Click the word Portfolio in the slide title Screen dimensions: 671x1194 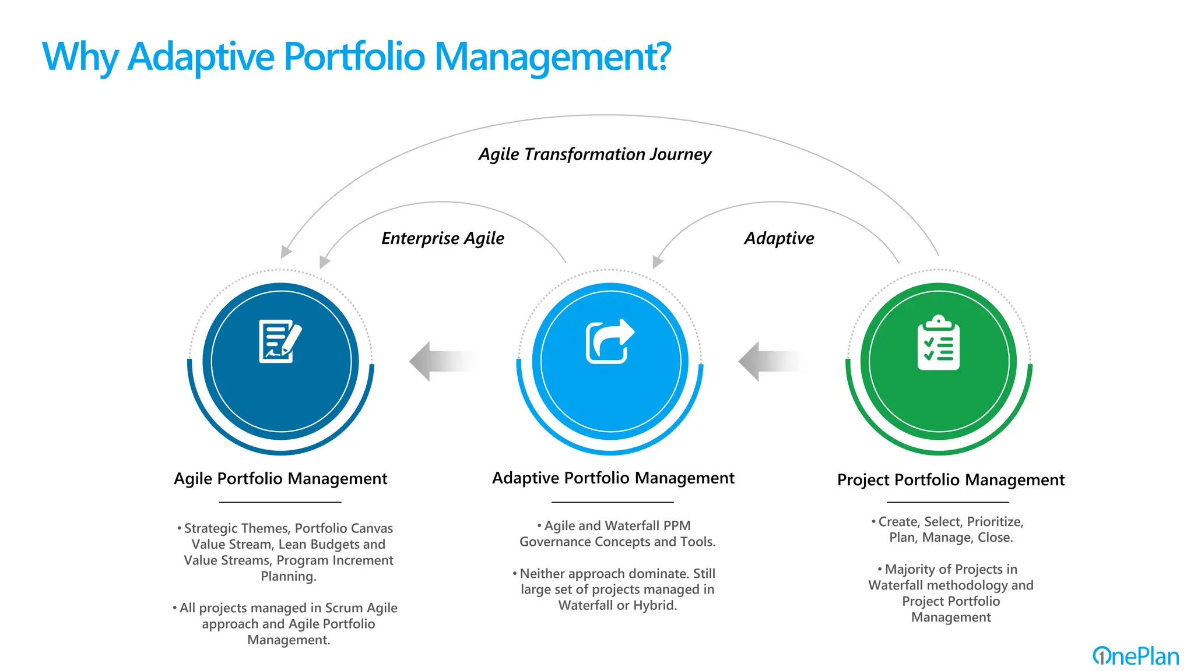point(354,57)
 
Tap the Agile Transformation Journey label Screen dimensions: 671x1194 point(595,154)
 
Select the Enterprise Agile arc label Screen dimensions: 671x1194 point(443,238)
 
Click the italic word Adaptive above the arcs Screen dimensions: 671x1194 point(779,238)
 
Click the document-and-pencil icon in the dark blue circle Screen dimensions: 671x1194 point(280,341)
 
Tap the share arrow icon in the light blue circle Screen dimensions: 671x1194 point(609,341)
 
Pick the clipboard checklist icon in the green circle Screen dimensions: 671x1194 point(938,342)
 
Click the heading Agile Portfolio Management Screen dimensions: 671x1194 point(280,479)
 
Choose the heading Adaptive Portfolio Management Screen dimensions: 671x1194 point(613,478)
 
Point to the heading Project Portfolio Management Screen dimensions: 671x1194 point(950,480)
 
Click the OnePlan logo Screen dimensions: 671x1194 point(1135,656)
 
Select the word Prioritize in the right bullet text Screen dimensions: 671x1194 point(995,522)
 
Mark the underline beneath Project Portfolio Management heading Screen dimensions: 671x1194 point(947,502)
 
